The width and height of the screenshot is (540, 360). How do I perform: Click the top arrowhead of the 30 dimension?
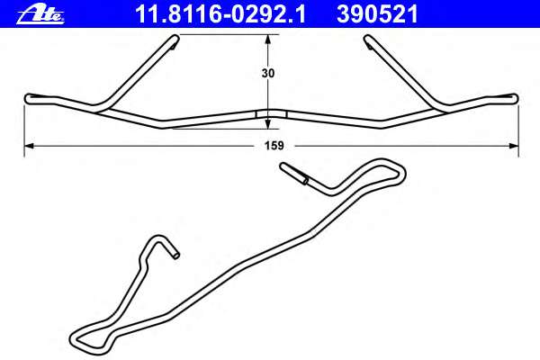(268, 40)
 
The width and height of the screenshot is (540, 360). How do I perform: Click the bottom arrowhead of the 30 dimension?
(268, 121)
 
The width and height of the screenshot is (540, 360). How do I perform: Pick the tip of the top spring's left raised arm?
(173, 39)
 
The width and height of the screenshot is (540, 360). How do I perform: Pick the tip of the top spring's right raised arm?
(369, 39)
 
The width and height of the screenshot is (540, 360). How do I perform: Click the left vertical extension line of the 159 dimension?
(24, 126)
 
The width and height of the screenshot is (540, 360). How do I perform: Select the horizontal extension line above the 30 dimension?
(225, 34)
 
